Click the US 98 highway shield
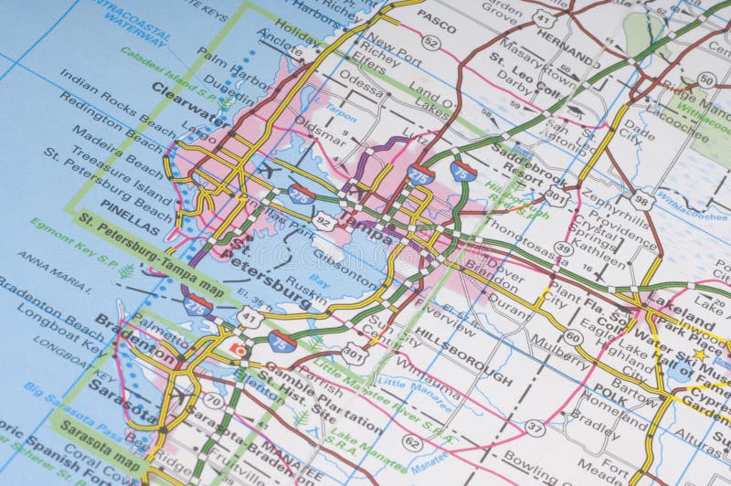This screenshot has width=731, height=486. (642, 200)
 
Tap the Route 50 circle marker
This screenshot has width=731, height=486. (705, 79)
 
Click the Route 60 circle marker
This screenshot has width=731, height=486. (573, 337)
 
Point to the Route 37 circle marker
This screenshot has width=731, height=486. (535, 427)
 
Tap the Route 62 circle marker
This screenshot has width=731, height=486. (412, 442)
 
